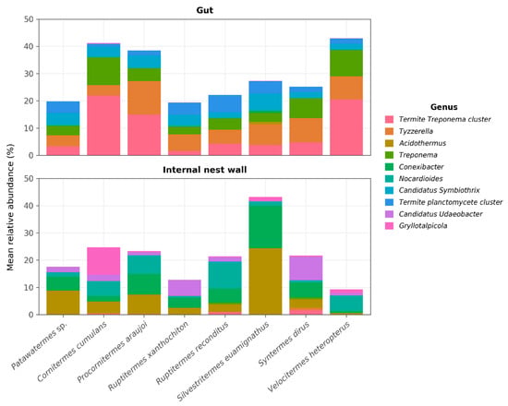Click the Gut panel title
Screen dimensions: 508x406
[x=204, y=10]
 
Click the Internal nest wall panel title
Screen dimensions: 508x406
[x=204, y=170]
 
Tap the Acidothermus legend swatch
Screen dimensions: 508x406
[x=389, y=143]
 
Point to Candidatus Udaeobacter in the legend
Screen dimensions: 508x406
[x=441, y=214]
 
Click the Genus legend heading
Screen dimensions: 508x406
[x=444, y=107]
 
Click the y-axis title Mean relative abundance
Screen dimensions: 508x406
[x=10, y=208]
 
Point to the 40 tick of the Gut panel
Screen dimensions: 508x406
[x=29, y=47]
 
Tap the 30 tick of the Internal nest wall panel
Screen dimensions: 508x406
[x=29, y=233]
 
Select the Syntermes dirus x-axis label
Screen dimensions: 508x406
[x=284, y=344]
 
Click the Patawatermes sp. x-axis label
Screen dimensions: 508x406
[x=39, y=345]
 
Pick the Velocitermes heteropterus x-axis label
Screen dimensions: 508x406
[x=309, y=356]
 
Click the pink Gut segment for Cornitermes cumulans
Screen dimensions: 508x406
[x=103, y=125]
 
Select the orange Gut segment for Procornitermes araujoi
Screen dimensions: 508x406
[x=144, y=98]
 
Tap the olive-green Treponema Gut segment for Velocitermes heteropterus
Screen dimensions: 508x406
[x=346, y=63]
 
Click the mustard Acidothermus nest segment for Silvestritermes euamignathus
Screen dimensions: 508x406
[x=265, y=281]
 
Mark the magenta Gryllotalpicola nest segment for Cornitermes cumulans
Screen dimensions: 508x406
[x=103, y=261]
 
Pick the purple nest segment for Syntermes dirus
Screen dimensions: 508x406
[x=306, y=269]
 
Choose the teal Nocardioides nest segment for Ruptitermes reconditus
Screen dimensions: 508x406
[x=224, y=275]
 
